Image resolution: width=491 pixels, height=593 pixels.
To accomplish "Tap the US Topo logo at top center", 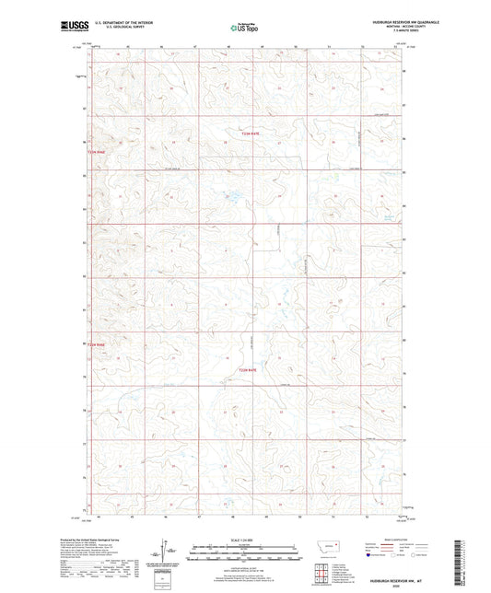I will [240, 29].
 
